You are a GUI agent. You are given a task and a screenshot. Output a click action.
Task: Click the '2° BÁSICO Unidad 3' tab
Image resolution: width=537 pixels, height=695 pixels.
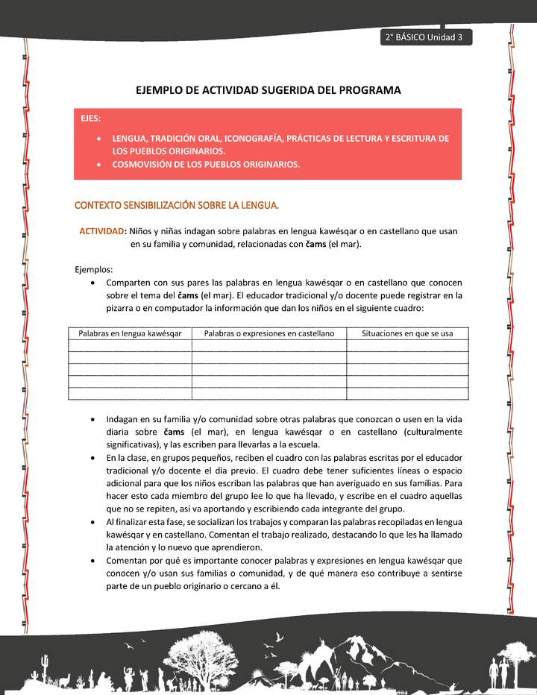coord(425,38)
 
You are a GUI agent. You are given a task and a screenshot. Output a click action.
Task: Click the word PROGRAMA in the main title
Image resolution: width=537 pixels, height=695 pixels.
coord(365,90)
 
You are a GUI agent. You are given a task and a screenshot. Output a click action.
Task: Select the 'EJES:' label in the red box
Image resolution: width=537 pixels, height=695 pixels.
coord(92,118)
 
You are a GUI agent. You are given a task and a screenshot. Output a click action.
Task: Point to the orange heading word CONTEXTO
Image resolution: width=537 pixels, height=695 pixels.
coord(98,204)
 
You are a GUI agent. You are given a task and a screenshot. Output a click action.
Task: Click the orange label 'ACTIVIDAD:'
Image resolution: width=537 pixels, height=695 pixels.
coord(103,231)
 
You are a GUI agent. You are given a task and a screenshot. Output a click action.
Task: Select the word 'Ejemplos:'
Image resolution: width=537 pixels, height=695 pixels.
coord(94,269)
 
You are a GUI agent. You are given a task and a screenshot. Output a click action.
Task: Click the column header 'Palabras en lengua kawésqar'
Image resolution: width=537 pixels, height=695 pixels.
coord(130,333)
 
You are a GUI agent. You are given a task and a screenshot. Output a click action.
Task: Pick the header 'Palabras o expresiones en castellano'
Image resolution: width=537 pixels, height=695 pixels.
coord(269,333)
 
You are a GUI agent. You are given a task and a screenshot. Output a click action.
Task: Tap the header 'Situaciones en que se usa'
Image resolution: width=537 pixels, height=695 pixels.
coord(407,333)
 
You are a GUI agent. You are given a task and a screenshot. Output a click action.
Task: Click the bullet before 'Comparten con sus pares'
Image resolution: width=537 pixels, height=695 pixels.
coord(91,283)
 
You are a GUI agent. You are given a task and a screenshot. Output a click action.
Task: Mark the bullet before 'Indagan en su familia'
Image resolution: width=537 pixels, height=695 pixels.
coord(91,419)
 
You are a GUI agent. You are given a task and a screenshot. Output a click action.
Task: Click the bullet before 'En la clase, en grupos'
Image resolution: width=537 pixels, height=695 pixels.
coord(91,457)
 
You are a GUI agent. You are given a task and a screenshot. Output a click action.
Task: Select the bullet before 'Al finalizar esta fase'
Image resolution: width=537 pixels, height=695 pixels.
coord(91,521)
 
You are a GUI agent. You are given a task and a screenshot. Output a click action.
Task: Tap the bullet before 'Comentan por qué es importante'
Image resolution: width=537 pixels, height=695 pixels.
coord(91,559)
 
